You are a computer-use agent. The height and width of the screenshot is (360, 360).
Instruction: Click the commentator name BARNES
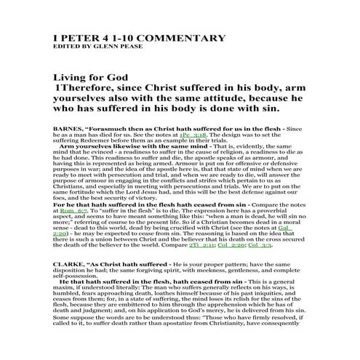pos(69,128)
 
